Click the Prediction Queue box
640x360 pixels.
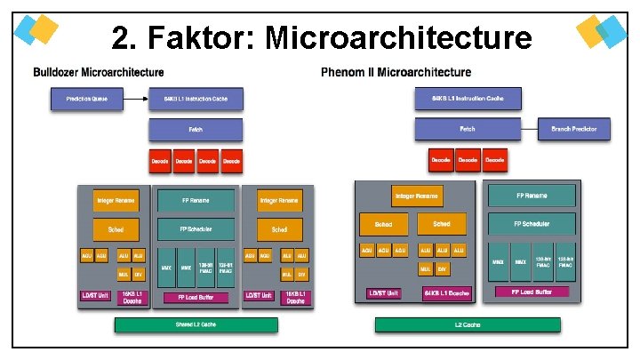(x=87, y=99)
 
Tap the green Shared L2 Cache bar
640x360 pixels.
(x=195, y=324)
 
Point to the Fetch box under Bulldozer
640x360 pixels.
(x=196, y=130)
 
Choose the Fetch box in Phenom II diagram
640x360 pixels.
(x=468, y=130)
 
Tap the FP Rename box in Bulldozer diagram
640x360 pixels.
(x=196, y=200)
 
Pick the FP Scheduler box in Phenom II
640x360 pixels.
(x=531, y=224)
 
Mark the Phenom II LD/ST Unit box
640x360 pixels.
(x=384, y=293)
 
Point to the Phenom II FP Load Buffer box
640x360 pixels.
(x=531, y=292)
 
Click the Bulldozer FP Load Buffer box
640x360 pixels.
(x=196, y=297)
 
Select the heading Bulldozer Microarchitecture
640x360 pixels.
(x=99, y=72)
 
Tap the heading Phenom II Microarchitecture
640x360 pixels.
(x=396, y=72)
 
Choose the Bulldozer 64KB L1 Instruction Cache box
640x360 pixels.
(x=196, y=99)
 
